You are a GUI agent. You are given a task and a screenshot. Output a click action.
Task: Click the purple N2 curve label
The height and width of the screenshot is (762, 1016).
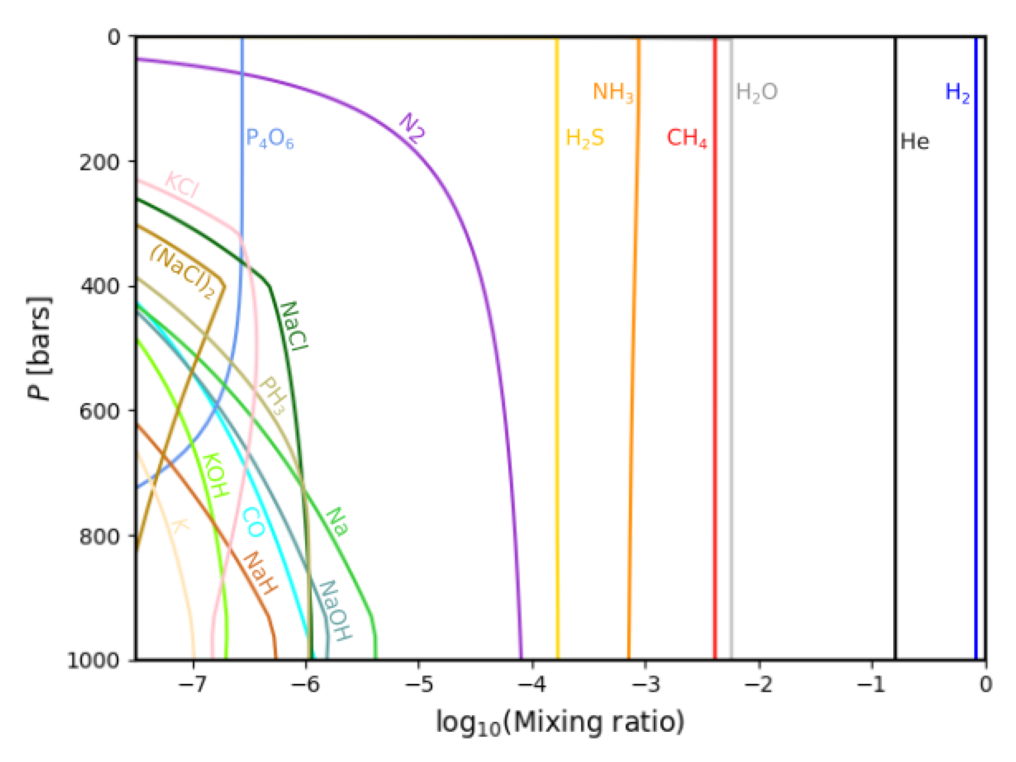pos(412,128)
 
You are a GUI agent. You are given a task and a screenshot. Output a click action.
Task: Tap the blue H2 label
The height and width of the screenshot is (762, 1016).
pos(957,93)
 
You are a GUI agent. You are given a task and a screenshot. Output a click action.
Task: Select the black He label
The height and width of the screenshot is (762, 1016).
pos(914,141)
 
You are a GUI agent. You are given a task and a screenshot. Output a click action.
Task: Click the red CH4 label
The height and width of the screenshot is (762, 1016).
pos(687,138)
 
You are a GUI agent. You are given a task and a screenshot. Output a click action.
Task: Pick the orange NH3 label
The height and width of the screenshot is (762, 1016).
pos(613,93)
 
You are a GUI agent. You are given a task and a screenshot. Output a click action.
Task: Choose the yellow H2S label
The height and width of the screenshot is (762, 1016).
pos(584,138)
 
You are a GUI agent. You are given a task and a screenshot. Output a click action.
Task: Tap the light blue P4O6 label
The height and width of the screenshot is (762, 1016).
pos(269,138)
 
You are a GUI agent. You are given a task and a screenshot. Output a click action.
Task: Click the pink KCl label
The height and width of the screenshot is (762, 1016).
pos(182,185)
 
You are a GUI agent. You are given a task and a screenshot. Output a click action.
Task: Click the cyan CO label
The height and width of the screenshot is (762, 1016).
pos(253,522)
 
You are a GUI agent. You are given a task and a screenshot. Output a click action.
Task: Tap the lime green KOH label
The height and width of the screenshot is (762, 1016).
pos(215,475)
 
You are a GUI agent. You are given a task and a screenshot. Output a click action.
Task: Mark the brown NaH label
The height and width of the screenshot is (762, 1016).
pos(260,573)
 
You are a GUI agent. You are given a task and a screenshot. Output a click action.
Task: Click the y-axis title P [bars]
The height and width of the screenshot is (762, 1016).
pos(40,348)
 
